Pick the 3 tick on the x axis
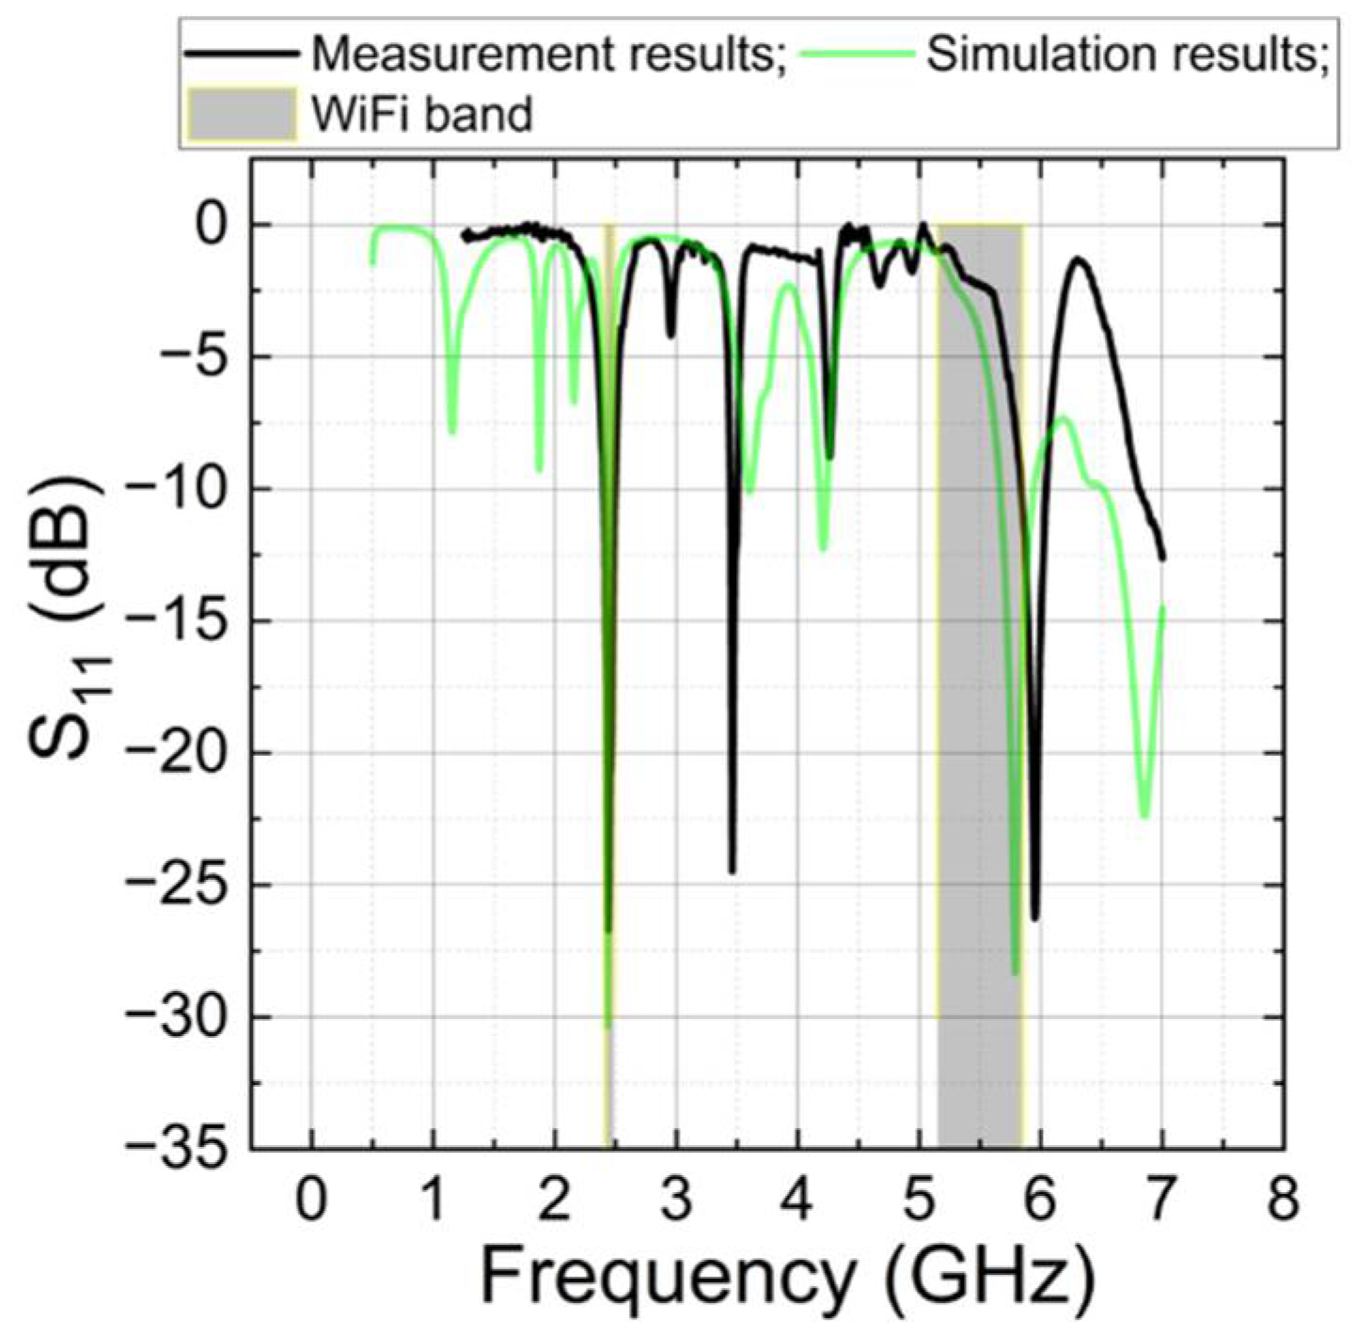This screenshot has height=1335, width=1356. [676, 1201]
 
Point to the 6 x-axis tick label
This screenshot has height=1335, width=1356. [1040, 1201]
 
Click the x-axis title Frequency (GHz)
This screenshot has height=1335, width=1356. [788, 1277]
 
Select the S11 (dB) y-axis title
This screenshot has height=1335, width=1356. [71, 620]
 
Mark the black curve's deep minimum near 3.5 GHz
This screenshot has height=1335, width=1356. [732, 872]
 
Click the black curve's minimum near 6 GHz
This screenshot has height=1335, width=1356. [1035, 918]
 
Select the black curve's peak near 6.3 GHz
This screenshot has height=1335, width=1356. [1079, 259]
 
